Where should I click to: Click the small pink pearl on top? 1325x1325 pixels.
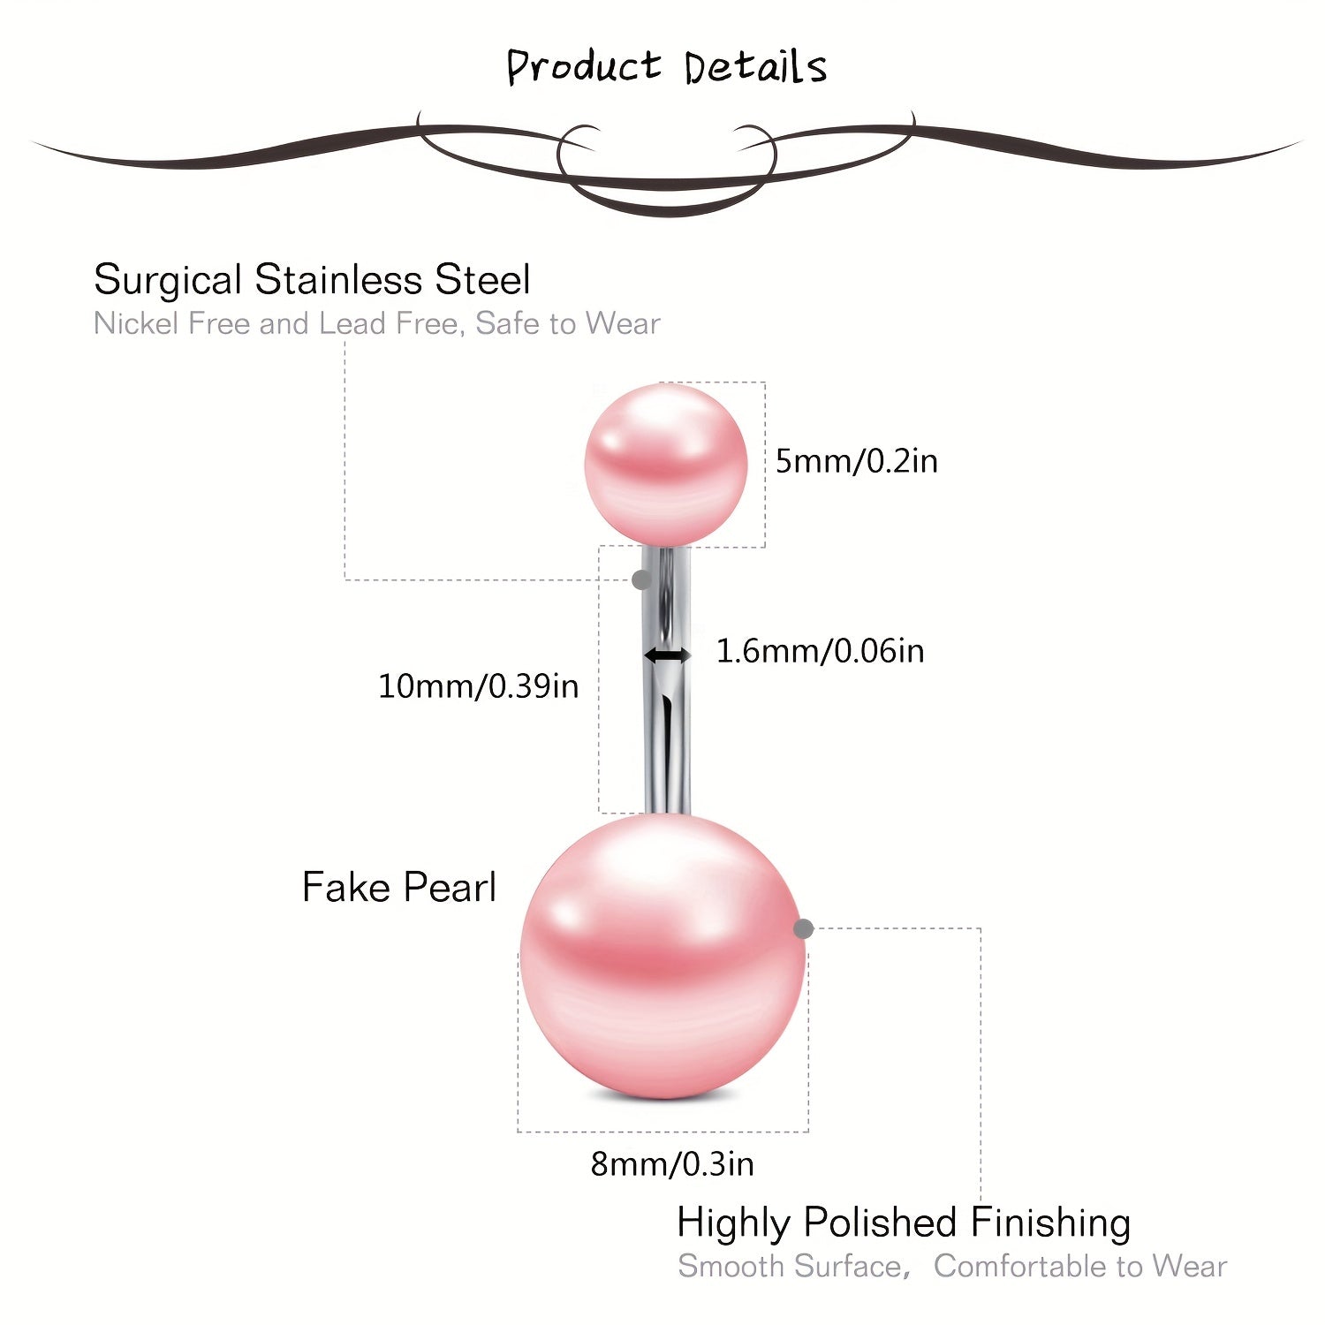pos(666,464)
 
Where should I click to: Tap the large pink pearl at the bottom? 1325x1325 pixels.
pos(662,957)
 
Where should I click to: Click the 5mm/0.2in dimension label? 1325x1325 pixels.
pos(856,461)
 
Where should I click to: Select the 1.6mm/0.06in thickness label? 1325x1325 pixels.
pos(820,651)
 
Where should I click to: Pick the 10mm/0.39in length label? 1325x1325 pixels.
pos(478,686)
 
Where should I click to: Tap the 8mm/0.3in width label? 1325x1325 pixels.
pos(672,1164)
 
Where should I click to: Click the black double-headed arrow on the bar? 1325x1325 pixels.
pos(668,655)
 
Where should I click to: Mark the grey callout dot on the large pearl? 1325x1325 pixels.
pos(803,928)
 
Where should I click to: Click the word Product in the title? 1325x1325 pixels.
pos(583,67)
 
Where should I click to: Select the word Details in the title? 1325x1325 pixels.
pos(755,67)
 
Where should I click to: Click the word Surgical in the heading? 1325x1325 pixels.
pos(168,281)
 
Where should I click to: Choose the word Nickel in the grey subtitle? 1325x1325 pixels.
pos(136,323)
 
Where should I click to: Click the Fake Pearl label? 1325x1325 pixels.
pos(399,887)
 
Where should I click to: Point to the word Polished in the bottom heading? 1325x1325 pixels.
pos(881,1223)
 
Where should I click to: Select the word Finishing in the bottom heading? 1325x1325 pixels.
pos(1050,1224)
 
